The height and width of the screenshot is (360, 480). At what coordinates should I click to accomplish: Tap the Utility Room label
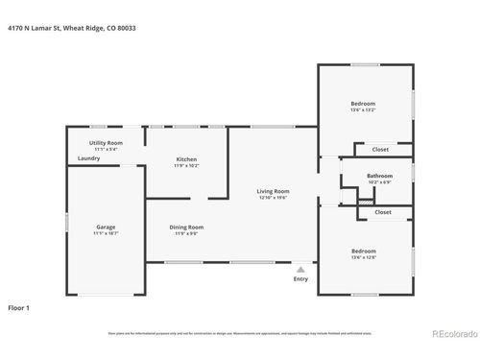pos(105,142)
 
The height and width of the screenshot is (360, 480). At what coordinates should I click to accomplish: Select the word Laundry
pos(89,158)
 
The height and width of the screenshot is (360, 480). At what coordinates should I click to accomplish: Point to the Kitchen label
pos(186,159)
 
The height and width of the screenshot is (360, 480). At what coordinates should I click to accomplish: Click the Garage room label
pos(105,228)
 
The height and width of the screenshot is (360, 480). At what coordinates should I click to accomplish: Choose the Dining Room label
pos(186,227)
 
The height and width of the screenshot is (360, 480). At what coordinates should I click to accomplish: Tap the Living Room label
pos(273,191)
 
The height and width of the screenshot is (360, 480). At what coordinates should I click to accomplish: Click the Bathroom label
pos(380,176)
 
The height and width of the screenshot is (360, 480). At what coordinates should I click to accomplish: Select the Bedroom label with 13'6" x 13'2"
pos(363,103)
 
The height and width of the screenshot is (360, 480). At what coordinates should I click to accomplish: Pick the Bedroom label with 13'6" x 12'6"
pos(363,251)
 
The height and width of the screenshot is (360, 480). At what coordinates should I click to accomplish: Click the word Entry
pos(301,279)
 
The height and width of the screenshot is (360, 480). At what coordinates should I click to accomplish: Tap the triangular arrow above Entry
pos(301,270)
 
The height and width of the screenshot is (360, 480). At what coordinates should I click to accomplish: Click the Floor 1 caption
pos(19,308)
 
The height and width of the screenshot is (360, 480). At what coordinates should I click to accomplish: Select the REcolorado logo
pos(450,334)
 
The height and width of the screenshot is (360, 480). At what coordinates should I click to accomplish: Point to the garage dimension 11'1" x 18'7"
pos(105,234)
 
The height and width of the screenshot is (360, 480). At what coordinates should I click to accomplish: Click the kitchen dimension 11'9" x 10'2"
pos(186,166)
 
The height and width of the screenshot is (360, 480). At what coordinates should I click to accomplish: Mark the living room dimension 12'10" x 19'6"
pos(273,198)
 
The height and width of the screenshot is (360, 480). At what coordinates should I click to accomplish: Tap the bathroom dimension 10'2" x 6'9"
pos(380,182)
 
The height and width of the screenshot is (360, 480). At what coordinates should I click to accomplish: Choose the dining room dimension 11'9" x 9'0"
pos(186,233)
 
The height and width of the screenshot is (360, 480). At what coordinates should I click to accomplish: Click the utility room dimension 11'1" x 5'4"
pos(105,149)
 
